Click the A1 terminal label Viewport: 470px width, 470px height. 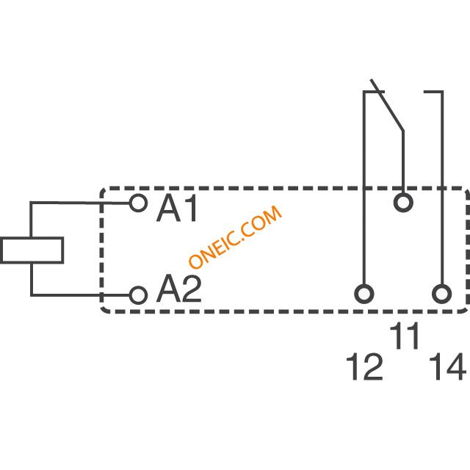click(177, 208)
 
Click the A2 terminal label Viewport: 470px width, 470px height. click(179, 288)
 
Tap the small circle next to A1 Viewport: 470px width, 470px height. click(138, 203)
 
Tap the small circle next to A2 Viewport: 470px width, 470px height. click(138, 295)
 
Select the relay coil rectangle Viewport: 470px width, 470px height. click(32, 250)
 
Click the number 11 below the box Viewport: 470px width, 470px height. click(404, 336)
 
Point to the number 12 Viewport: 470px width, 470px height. click(364, 366)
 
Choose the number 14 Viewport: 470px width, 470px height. click(447, 366)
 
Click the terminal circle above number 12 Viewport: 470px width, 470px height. click(364, 294)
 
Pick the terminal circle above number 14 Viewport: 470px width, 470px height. click(442, 294)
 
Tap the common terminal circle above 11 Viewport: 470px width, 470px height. click(403, 203)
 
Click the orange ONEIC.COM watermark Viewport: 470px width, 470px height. click(235, 236)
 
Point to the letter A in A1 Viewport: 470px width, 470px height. click(168, 208)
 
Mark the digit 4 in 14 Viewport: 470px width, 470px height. click(456, 366)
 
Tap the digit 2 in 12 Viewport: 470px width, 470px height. click(372, 366)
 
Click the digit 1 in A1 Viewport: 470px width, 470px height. click(192, 208)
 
